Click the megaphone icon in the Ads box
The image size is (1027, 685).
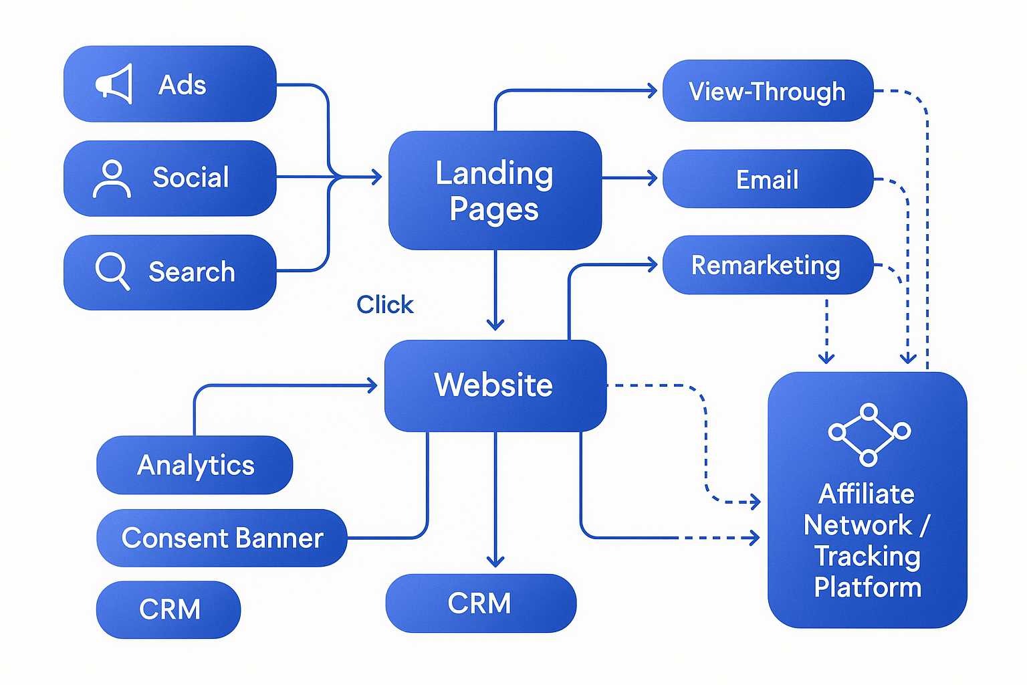[x=114, y=84]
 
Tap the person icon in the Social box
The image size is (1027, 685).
[x=112, y=179]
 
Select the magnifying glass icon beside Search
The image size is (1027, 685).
[x=112, y=271]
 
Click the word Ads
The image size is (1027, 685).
[x=182, y=85]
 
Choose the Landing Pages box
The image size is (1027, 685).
[x=495, y=191]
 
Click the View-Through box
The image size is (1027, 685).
[x=768, y=91]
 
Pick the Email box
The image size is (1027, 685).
[x=768, y=179]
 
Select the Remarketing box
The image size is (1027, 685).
[x=768, y=265]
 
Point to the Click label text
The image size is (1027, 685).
[x=384, y=304]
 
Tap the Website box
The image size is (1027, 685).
[x=495, y=385]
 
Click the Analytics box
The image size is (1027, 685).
[x=195, y=465]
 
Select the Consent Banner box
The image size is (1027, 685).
[x=222, y=538]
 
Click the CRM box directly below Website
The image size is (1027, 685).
[x=480, y=603]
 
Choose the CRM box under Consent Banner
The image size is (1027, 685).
[x=168, y=609]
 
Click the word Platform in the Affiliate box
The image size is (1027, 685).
[x=867, y=587]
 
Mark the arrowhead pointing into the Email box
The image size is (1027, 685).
[x=652, y=178]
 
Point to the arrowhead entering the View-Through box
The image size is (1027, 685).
[x=652, y=90]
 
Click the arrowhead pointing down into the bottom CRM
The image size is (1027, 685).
[x=495, y=561]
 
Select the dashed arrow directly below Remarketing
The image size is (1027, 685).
[x=826, y=331]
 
